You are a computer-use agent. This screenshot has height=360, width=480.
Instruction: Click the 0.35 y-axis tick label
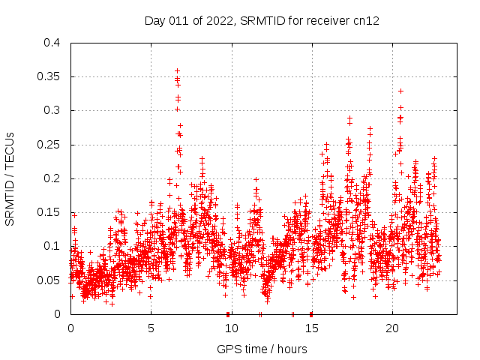point(49,76)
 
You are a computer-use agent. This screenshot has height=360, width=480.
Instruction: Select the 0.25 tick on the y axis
point(49,145)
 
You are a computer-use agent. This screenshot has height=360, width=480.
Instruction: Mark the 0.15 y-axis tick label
point(49,212)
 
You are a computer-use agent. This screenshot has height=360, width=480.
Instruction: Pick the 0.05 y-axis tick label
point(49,280)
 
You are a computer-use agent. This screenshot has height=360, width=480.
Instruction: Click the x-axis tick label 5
point(151,328)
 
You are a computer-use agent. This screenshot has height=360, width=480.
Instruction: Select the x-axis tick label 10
point(231,328)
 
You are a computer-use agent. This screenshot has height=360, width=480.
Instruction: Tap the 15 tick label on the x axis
point(311,328)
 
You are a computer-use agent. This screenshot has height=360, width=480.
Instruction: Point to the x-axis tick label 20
point(391,328)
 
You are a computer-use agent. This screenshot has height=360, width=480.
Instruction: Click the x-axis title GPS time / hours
point(262,349)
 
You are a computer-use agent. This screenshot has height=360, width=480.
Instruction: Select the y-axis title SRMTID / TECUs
point(10,178)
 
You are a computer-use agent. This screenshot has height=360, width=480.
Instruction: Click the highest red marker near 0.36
point(177,70)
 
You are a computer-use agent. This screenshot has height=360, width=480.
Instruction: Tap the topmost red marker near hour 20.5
point(400,91)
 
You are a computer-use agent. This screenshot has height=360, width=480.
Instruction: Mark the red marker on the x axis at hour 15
point(311,313)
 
